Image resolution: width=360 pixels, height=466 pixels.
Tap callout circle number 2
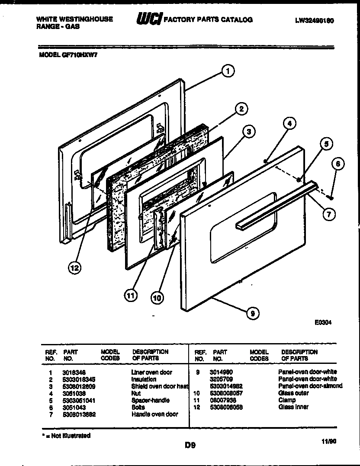click(241, 109)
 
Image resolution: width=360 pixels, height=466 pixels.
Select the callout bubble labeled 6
click(338, 164)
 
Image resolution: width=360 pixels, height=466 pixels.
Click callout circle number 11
click(130, 296)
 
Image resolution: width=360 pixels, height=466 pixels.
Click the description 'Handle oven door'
click(154, 414)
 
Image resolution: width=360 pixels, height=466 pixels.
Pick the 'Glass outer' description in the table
click(293, 393)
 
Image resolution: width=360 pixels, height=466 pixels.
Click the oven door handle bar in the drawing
click(277, 206)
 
